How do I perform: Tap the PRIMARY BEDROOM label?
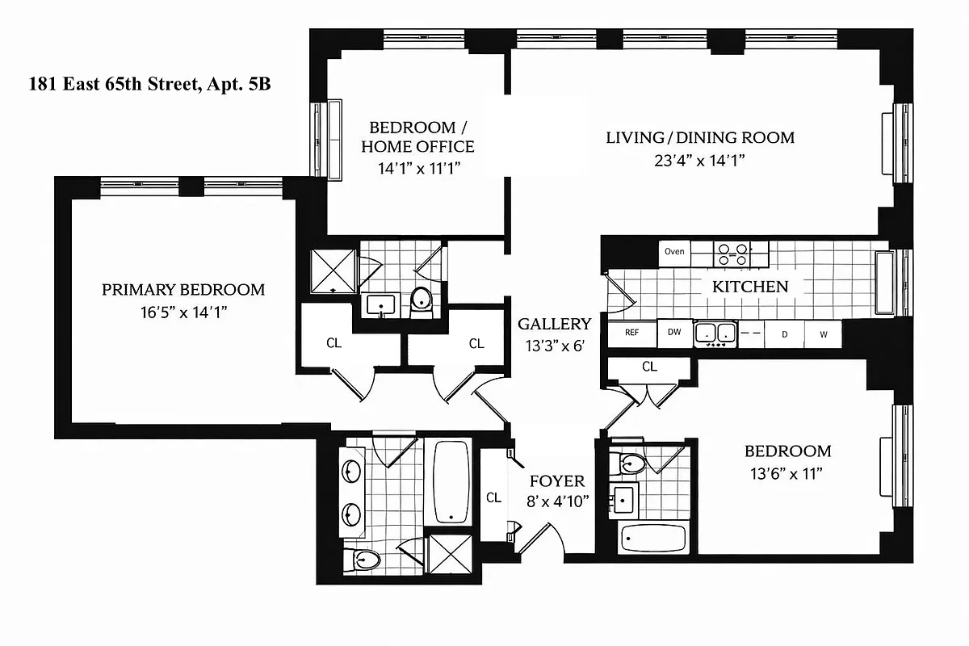(182, 290)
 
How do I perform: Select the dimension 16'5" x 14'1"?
(182, 311)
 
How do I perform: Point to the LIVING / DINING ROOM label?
(700, 137)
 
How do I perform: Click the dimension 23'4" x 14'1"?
(700, 160)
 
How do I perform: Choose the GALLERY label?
(554, 324)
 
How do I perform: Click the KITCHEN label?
(749, 287)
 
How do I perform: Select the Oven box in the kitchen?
(674, 251)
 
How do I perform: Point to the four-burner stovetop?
(732, 254)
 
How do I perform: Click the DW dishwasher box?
(674, 332)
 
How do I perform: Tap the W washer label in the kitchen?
(823, 333)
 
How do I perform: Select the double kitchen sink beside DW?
(715, 333)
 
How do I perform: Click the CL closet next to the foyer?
(494, 497)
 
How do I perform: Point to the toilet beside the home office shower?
(422, 300)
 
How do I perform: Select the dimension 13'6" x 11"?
(787, 473)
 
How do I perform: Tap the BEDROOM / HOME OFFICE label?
(417, 137)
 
